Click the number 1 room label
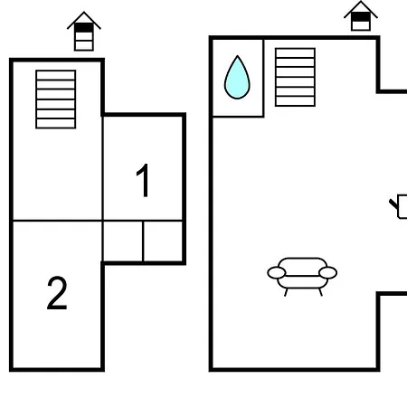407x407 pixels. (x=143, y=182)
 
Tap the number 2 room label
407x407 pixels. (x=56, y=294)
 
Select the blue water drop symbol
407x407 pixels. (x=237, y=79)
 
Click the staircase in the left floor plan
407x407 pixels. (x=56, y=99)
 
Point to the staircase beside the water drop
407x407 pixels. (x=295, y=77)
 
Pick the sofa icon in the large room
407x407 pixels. (x=302, y=274)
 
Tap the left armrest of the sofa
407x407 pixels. (x=277, y=272)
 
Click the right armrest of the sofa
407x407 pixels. (x=327, y=272)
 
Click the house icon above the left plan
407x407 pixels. (x=83, y=32)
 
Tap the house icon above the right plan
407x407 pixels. (x=360, y=16)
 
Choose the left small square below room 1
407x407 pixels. (x=123, y=241)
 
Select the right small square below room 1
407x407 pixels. (x=164, y=241)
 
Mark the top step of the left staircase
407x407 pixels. (x=56, y=75)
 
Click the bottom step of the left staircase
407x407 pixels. (x=56, y=122)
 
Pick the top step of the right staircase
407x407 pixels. (x=295, y=52)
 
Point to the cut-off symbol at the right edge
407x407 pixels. (x=399, y=207)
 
